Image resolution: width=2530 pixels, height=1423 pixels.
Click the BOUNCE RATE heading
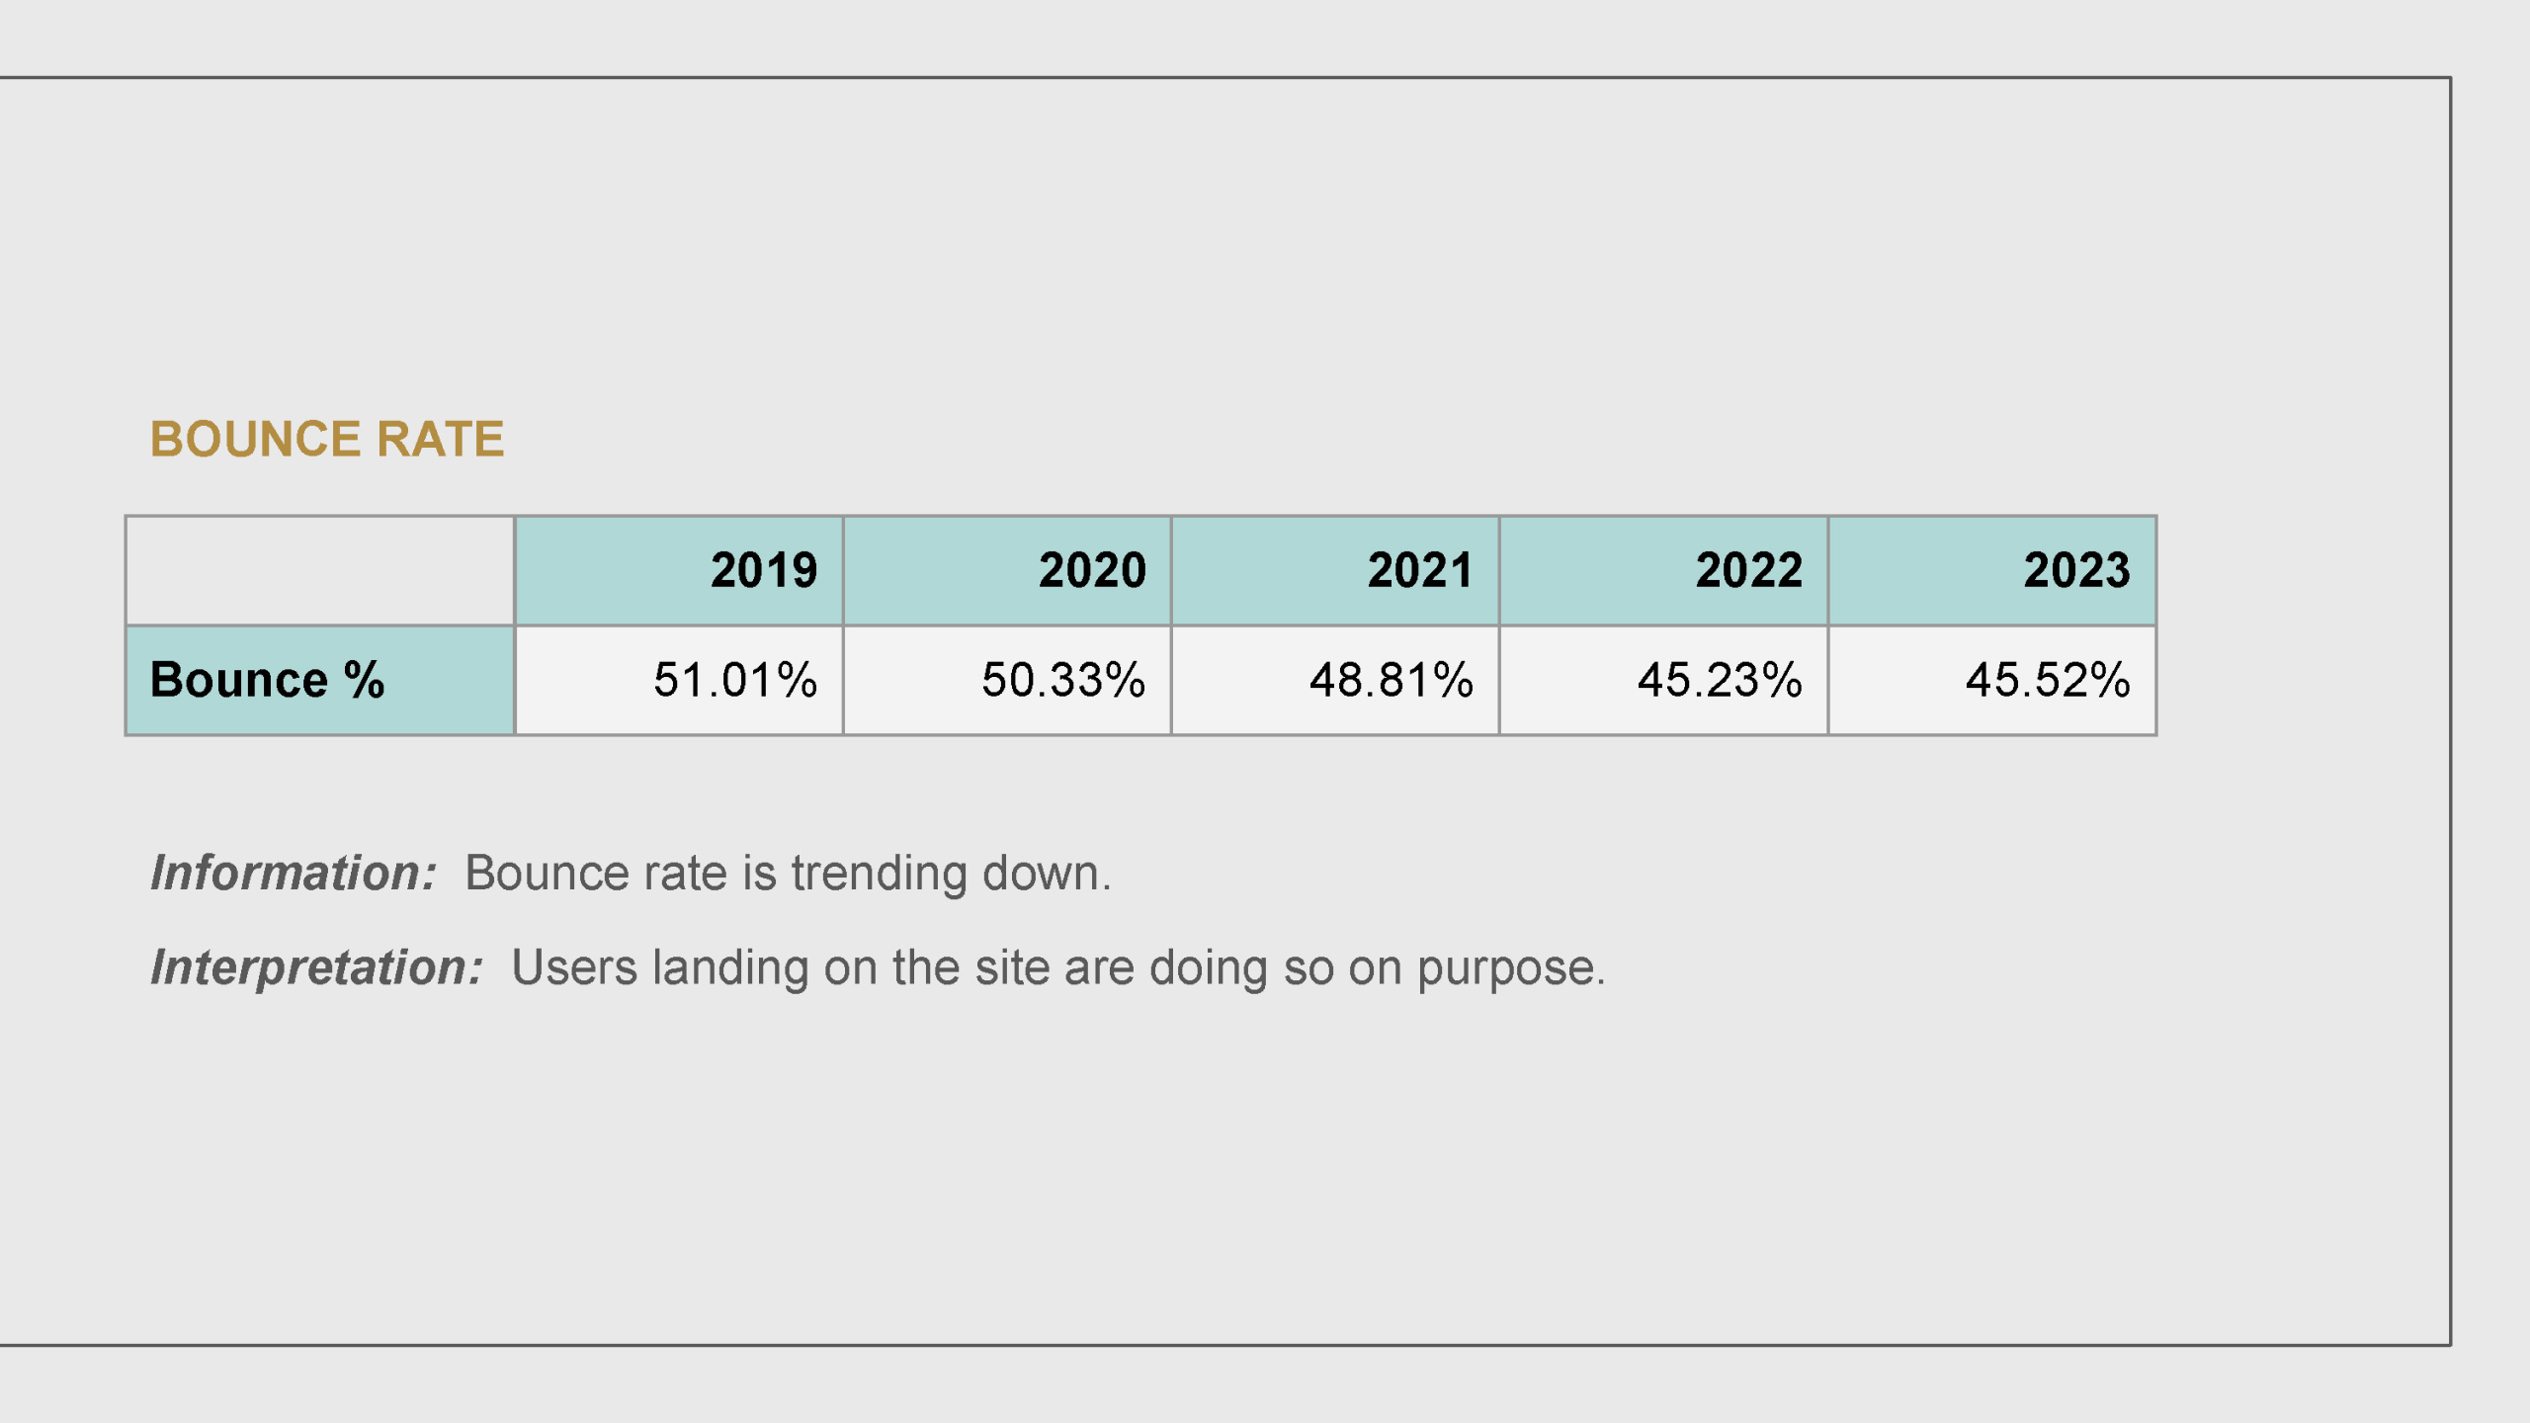pos(327,439)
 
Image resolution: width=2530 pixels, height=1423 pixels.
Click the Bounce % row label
pos(267,680)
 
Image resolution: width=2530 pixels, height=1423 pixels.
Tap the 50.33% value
pos(1063,680)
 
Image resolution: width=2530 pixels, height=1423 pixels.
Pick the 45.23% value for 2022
pos(1720,680)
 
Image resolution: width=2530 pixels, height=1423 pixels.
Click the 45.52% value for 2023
pos(2048,680)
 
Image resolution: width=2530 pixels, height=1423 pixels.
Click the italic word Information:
pos(294,873)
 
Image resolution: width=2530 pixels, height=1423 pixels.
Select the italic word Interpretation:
pos(316,967)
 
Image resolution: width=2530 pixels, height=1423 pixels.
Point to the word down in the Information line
pos(1040,873)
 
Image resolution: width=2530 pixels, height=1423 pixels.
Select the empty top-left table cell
pos(320,570)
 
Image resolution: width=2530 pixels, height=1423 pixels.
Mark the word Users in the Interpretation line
pos(574,967)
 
